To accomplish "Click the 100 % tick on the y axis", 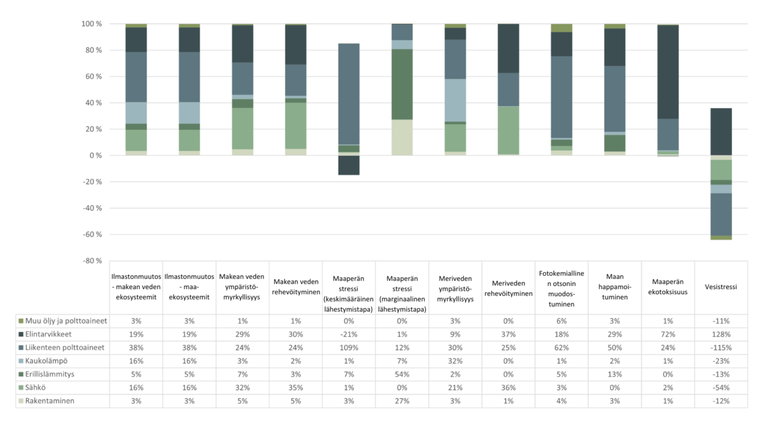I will point(92,24).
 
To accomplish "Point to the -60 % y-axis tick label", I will point(92,235).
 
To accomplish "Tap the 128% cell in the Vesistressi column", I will point(721,334).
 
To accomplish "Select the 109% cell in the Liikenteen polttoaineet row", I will point(349,348).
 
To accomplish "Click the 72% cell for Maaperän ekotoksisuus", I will point(668,334).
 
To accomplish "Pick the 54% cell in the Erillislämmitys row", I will point(402,374).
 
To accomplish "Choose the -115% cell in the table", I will point(721,348).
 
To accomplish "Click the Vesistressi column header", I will point(721,286).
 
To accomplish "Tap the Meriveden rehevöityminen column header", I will point(508,286).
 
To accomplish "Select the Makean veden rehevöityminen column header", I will point(296,286).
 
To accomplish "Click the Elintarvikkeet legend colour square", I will point(21,334).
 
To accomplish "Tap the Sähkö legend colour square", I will point(21,388).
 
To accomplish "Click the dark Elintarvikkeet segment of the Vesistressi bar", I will point(721,131).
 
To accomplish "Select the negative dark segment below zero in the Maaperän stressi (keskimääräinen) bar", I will point(349,165).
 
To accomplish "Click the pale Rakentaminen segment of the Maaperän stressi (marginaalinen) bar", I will point(402,138).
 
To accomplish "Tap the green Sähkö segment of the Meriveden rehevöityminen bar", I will point(508,130).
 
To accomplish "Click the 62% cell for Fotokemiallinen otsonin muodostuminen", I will point(562,348).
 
